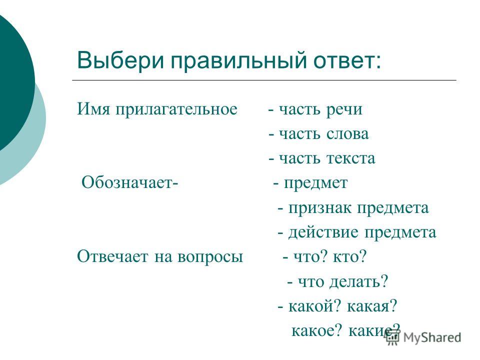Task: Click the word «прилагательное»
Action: pos(176,109)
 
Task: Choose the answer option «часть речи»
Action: pos(320,109)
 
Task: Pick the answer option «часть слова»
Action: pos(323,134)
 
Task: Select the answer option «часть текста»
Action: pos(326,158)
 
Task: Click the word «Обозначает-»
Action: pos(130,182)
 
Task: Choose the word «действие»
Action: pos(323,232)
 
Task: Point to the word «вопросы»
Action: pos(210,257)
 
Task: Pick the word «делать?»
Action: pos(358,281)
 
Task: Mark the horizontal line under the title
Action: pos(264,80)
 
